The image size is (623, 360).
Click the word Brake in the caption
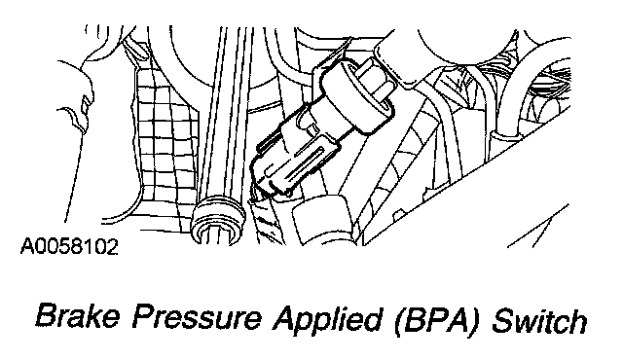pos(78,317)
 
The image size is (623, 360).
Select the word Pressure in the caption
pos(197,317)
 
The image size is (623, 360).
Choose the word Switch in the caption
pos(539,317)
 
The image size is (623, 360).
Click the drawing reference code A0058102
pos(69,246)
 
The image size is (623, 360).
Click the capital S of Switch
pos(504,317)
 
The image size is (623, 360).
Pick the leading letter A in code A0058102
pos(28,247)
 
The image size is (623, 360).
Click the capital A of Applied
pos(286,317)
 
